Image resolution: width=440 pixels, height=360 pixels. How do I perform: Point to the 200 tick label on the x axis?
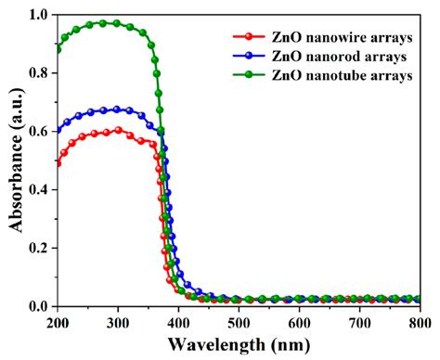(58, 322)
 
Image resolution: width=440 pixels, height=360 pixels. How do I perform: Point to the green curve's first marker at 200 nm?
(58, 48)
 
